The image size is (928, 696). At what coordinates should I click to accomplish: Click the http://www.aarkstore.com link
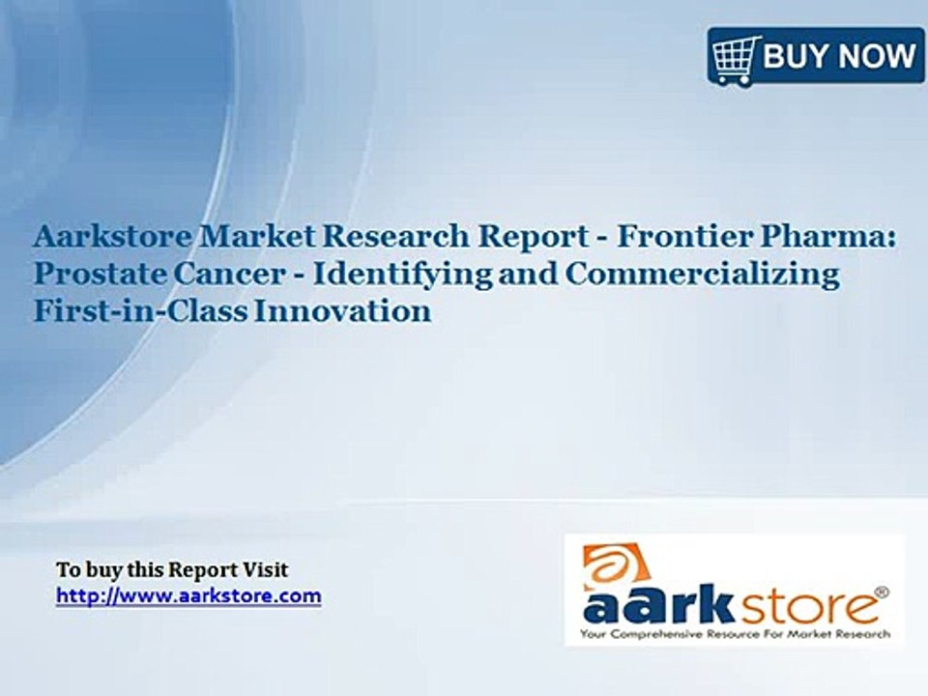tap(188, 595)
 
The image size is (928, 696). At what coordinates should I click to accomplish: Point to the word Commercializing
tap(703, 275)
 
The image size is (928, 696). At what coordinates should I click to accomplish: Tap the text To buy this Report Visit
tap(172, 570)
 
